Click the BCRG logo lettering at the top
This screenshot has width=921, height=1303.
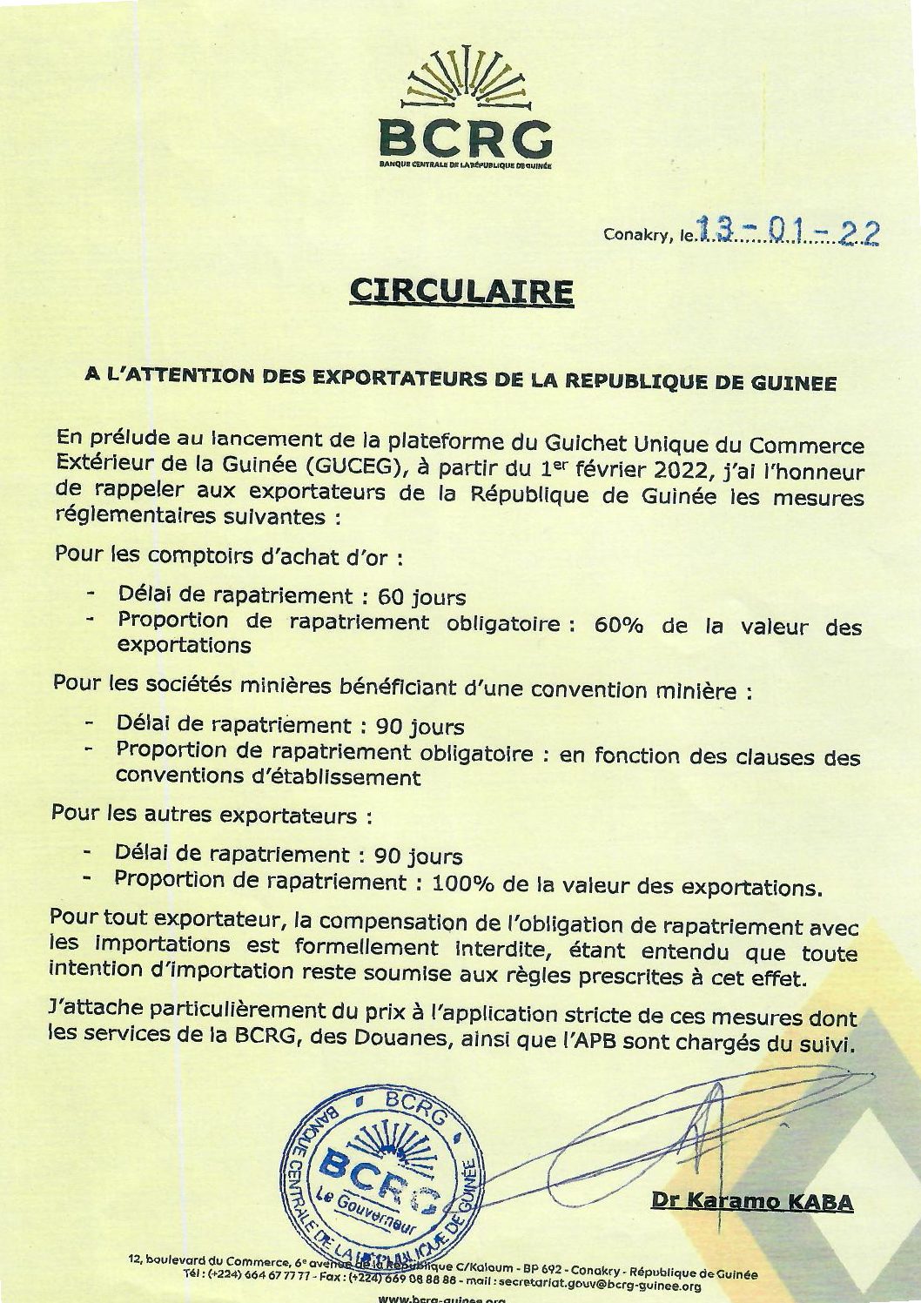coord(466,136)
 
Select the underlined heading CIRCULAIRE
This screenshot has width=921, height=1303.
coord(461,292)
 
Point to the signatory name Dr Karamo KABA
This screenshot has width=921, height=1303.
coord(752,1202)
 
